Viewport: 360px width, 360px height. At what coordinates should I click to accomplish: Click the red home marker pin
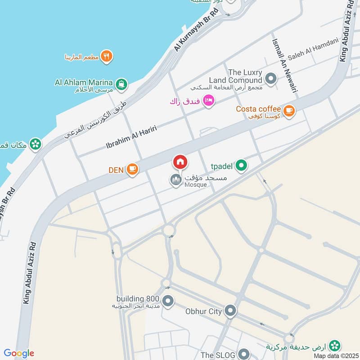(180, 162)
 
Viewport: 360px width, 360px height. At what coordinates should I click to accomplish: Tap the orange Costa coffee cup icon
(288, 109)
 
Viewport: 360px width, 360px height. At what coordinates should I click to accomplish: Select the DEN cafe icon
(132, 169)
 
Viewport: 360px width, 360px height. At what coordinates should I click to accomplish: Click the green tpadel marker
(242, 166)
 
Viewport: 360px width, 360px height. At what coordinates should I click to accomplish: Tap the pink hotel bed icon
(208, 100)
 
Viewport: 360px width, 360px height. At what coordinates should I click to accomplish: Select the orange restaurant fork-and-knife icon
(106, 56)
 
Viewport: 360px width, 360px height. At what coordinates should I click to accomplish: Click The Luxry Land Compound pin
(271, 79)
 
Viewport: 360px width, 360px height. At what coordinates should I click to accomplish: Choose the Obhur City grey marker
(230, 310)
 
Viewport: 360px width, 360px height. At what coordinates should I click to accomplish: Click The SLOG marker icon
(243, 354)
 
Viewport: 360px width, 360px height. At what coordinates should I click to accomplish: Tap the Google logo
(19, 353)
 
